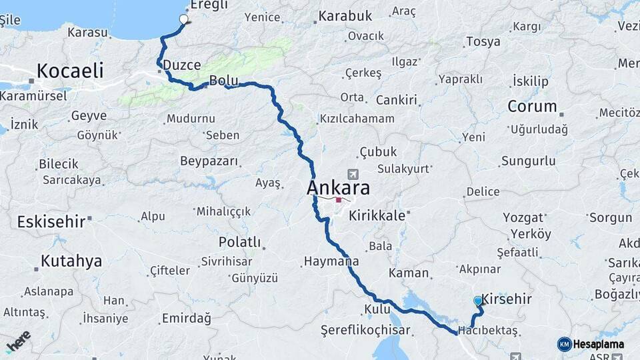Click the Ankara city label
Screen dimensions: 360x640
338,188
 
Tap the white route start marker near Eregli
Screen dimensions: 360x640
185,19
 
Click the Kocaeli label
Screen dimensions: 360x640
70,70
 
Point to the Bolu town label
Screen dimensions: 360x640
223,81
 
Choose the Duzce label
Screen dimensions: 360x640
182,65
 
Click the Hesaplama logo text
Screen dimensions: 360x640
597,344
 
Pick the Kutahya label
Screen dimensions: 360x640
71,261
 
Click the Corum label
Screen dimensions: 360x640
532,106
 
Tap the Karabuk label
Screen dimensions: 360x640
345,15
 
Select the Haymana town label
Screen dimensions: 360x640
331,261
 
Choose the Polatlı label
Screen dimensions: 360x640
239,242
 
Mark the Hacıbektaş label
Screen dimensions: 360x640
488,331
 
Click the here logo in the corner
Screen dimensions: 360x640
17,341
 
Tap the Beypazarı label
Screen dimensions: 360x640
209,161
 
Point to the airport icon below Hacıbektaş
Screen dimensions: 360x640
514,357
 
